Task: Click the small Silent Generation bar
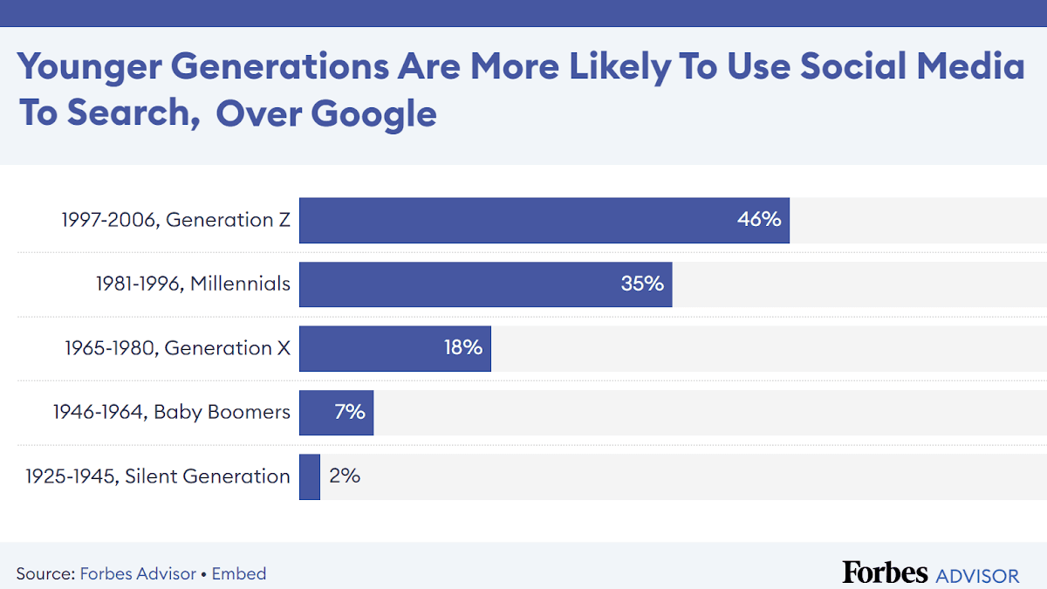310,476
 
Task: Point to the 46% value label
759,220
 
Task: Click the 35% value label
642,284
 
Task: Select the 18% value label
462,348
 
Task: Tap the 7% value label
350,412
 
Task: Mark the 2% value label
345,476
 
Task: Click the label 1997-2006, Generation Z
175,220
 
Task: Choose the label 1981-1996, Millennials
193,284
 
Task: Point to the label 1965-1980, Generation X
177,348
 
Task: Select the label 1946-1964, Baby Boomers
171,412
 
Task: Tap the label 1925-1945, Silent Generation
158,476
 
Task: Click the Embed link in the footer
239,573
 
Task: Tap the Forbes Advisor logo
930,573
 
